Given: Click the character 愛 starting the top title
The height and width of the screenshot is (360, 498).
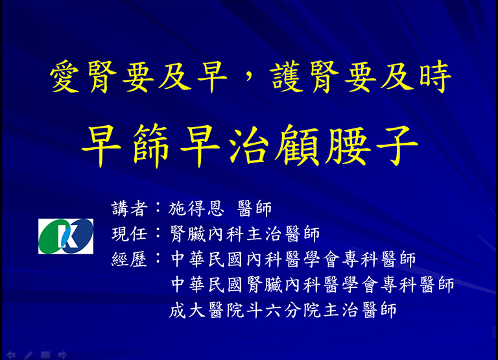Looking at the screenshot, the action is click(64, 77).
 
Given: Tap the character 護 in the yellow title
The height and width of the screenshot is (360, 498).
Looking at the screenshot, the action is click(286, 77).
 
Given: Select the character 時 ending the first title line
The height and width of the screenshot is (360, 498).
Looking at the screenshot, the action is click(435, 77).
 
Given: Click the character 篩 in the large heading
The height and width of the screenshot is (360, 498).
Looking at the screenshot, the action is click(150, 145).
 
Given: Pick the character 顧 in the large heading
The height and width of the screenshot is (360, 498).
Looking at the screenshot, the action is click(297, 145).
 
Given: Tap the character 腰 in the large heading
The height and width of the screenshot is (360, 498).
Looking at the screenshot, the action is click(348, 145).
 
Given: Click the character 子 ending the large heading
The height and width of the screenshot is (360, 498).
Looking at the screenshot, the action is click(397, 145).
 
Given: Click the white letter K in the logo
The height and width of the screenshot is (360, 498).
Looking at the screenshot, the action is click(67, 236).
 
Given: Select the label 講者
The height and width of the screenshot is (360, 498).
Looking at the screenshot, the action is click(129, 209).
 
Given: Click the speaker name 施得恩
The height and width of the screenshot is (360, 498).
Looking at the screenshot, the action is click(196, 209).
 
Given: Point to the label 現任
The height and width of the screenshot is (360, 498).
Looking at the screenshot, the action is click(129, 234).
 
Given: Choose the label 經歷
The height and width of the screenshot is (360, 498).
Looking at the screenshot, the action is click(129, 259).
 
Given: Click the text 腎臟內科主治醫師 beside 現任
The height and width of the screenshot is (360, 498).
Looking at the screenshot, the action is click(244, 234).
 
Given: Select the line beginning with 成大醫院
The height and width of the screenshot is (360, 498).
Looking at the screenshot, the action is click(283, 310).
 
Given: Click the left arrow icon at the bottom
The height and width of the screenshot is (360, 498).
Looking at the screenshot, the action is click(11, 355).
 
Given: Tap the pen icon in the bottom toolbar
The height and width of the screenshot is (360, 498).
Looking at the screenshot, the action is click(29, 355).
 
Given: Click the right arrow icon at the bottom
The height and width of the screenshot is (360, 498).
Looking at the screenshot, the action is click(62, 355).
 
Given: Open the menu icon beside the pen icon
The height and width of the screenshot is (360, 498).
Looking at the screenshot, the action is click(46, 355).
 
